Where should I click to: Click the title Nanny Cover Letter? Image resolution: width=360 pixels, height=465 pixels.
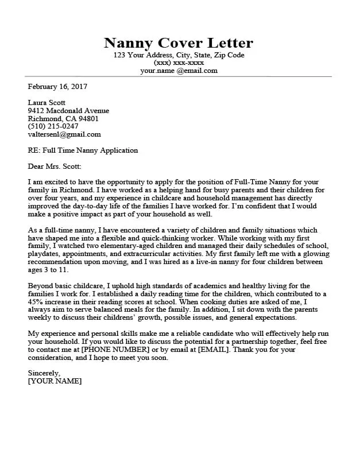(x=179, y=43)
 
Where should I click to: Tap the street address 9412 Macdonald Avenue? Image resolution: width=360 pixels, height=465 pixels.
(x=68, y=111)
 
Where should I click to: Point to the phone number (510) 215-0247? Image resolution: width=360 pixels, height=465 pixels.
(x=53, y=126)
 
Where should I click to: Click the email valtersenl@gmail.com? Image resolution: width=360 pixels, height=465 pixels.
(x=64, y=134)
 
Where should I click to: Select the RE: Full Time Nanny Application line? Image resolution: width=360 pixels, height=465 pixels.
(x=83, y=150)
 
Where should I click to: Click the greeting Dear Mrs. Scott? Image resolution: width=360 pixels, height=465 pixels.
(x=55, y=166)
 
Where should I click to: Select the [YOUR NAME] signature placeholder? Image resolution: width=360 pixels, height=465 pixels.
(x=55, y=381)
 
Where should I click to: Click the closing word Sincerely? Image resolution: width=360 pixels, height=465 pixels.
(x=44, y=373)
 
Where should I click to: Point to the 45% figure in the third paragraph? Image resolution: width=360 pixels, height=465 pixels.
(x=37, y=301)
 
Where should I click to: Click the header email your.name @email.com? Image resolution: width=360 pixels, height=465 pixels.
(x=179, y=71)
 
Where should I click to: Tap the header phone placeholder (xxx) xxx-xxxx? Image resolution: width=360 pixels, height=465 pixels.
(x=179, y=63)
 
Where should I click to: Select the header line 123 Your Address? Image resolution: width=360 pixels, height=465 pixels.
(x=179, y=55)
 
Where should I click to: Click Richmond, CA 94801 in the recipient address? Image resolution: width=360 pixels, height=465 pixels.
(x=63, y=118)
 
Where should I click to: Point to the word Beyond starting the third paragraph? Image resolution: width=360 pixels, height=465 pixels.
(x=41, y=285)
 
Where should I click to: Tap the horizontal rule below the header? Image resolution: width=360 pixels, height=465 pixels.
(x=179, y=76)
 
